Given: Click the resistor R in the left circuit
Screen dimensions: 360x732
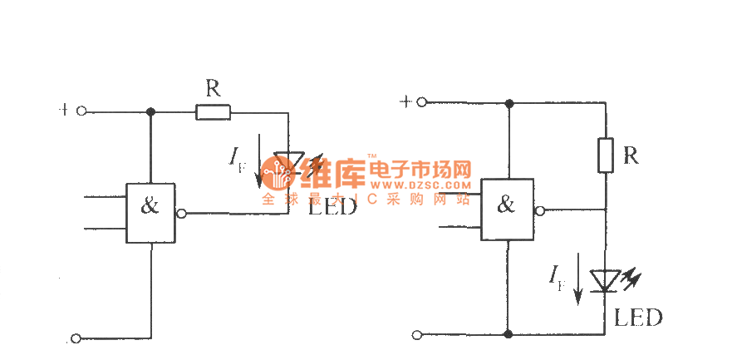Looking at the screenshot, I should click(x=213, y=111).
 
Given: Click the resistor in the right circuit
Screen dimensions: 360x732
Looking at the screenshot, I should click(x=606, y=155).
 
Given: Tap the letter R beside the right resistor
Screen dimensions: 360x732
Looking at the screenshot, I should click(x=631, y=155).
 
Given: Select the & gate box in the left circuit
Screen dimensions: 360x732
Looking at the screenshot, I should click(x=150, y=213).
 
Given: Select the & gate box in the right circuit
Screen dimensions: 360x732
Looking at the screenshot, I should click(x=508, y=210).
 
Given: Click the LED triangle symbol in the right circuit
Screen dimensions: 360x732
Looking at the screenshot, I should click(x=606, y=281).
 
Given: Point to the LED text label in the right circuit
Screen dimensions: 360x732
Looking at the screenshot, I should click(x=638, y=318).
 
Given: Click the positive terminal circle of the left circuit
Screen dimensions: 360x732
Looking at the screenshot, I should click(x=81, y=111).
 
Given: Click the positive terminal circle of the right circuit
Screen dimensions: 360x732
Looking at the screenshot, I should click(x=421, y=102).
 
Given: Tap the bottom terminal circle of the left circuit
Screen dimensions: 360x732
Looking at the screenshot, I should click(x=76, y=338).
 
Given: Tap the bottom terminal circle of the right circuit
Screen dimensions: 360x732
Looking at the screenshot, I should click(x=417, y=335).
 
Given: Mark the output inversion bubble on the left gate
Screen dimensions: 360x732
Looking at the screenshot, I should click(x=181, y=214).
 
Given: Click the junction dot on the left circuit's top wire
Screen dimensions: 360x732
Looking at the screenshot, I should click(x=150, y=111).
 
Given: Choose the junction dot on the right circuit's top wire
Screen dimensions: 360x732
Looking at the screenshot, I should click(x=508, y=103).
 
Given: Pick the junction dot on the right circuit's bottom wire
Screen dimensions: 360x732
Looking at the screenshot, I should click(x=508, y=334).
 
